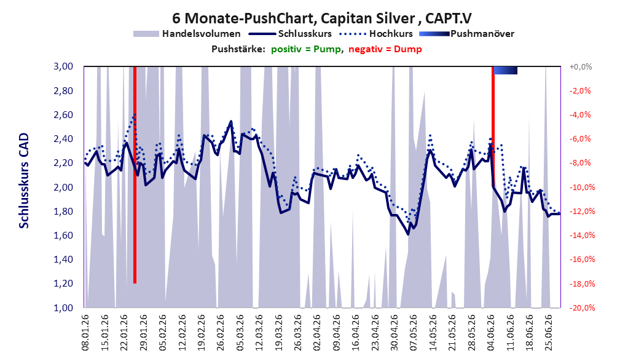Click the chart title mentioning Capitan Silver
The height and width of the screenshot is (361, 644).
click(321, 18)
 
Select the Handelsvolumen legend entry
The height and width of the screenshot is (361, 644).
click(187, 34)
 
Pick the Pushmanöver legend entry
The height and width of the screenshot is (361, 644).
click(467, 34)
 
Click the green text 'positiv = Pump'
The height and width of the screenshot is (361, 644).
click(306, 49)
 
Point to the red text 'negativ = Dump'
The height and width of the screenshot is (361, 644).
click(385, 49)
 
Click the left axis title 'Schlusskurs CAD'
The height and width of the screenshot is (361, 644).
click(24, 181)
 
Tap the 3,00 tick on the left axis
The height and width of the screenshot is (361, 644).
click(63, 66)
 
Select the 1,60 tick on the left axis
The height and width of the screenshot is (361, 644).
click(63, 235)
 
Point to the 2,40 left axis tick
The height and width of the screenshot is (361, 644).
click(63, 139)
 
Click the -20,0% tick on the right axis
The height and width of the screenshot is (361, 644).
click(582, 307)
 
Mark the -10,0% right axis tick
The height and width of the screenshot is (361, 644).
click(582, 187)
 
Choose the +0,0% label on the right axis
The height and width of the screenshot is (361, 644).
click(581, 66)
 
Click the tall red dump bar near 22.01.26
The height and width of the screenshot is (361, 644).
click(135, 175)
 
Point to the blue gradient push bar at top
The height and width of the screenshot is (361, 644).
click(506, 70)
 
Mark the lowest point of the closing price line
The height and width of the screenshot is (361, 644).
click(408, 234)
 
